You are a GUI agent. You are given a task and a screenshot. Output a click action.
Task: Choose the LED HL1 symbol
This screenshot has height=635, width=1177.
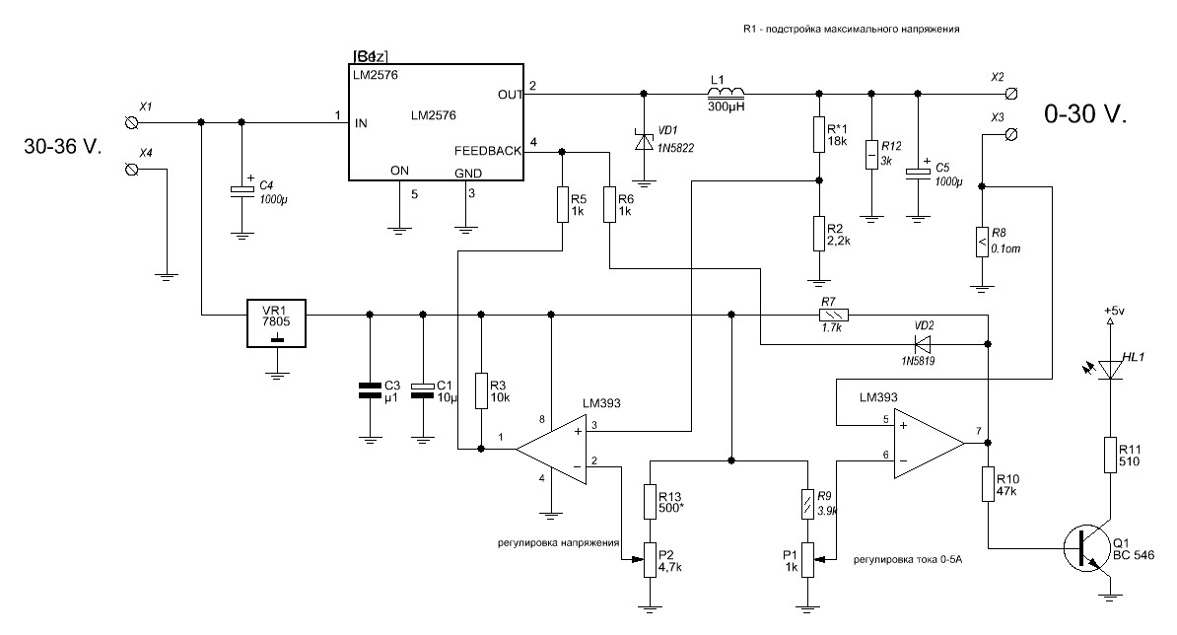tap(1111, 364)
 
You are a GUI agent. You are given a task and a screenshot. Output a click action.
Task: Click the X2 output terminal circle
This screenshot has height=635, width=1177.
tap(1010, 94)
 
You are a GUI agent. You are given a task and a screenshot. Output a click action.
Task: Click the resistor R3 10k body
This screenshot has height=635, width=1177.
tap(480, 389)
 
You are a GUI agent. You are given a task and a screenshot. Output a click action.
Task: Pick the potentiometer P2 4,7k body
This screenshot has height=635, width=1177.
tap(649, 561)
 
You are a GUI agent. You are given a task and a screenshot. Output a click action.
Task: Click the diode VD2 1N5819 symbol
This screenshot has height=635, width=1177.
tap(925, 344)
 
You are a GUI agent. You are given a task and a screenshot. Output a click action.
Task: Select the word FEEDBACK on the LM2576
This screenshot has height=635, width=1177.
tap(487, 151)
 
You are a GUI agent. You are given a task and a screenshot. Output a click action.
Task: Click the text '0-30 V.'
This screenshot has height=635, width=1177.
tap(1084, 114)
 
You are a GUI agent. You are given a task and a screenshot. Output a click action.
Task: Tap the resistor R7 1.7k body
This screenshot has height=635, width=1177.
tap(833, 316)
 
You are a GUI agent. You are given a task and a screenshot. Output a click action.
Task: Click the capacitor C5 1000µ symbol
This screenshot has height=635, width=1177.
tap(918, 172)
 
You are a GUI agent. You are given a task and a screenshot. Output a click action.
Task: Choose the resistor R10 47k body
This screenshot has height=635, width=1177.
tap(989, 483)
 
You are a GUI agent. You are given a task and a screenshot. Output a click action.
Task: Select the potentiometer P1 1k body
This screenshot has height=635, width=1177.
tap(808, 560)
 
